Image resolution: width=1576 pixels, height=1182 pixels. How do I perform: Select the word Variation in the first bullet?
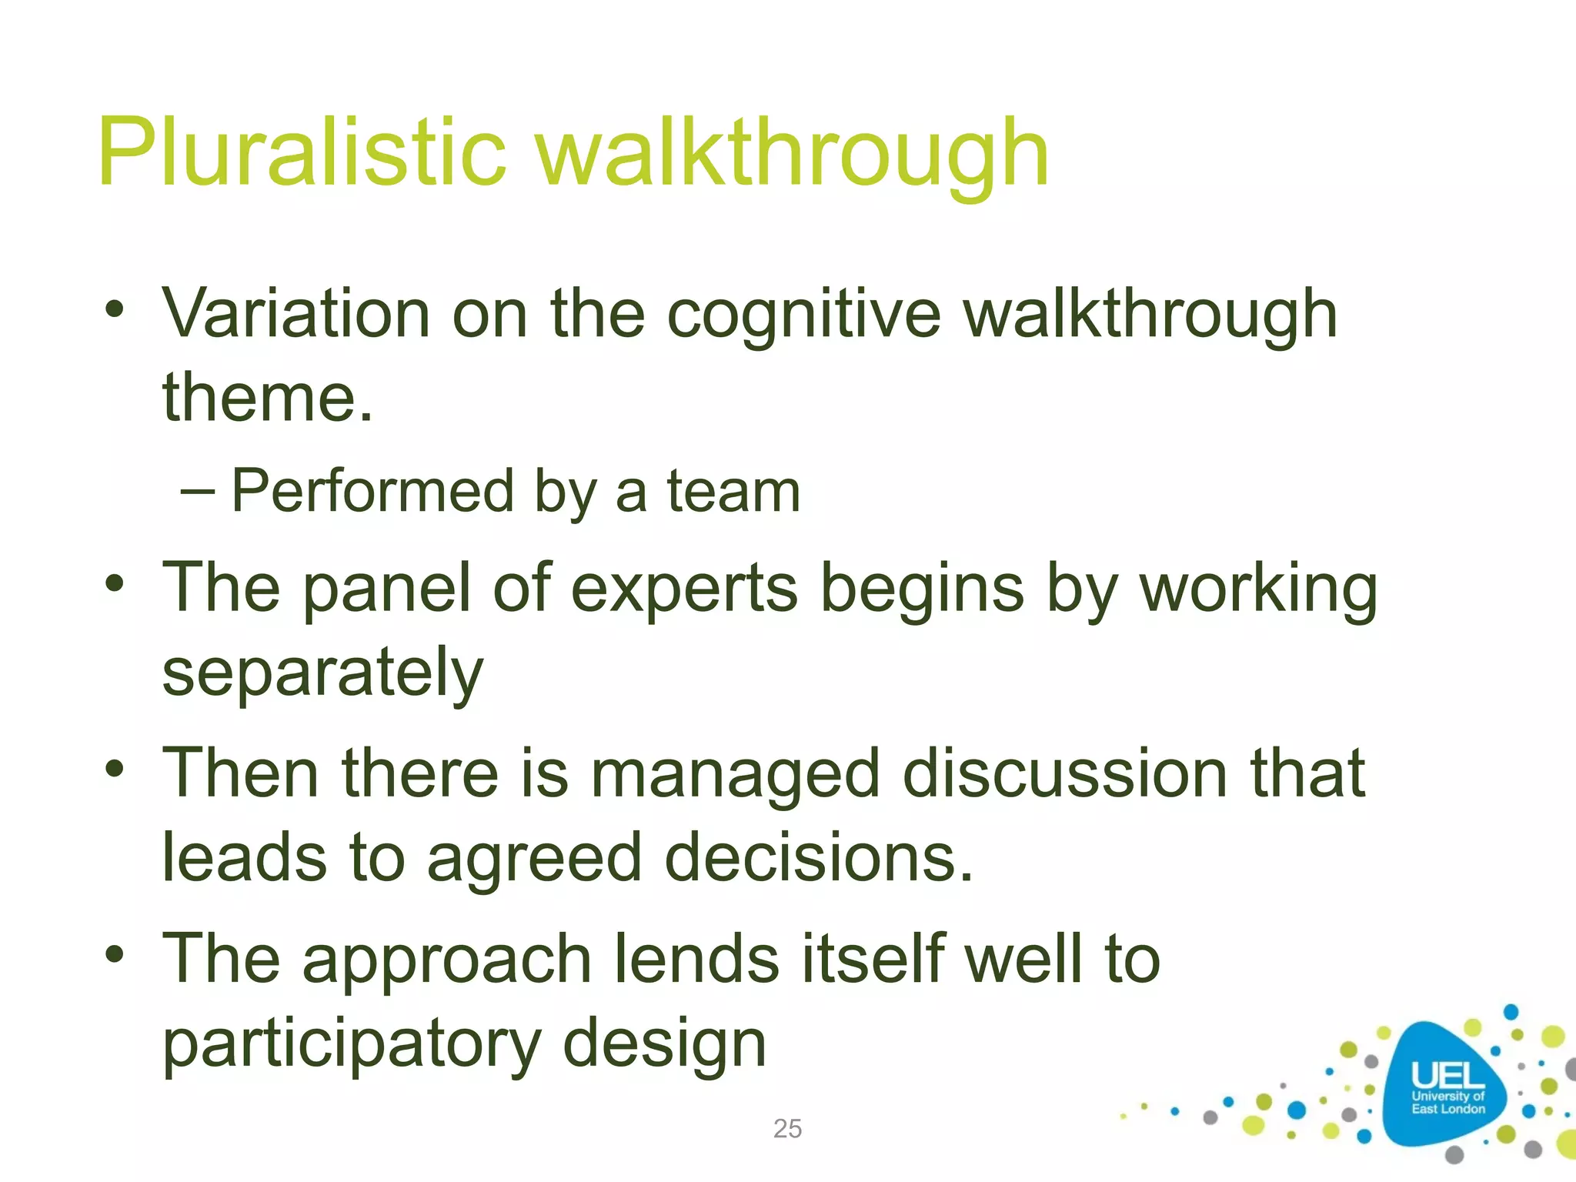coord(295,314)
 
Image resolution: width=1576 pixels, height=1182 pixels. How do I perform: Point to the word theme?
coord(266,399)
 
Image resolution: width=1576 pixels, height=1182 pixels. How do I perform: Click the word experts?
coord(684,589)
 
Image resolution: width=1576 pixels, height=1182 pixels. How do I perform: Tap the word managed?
coord(735,775)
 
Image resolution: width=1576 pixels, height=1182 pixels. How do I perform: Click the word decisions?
coord(819,858)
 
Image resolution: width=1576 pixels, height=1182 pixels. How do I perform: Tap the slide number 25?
coord(787,1129)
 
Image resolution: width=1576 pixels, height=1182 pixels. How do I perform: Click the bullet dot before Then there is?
coord(115,768)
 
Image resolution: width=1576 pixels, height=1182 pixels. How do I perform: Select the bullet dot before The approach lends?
coord(115,954)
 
